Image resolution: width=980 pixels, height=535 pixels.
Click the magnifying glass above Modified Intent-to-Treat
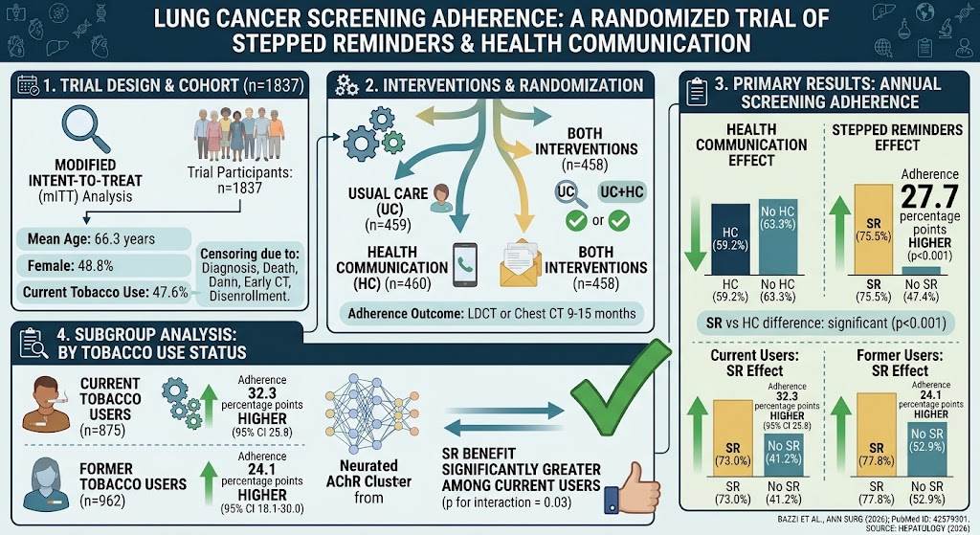click(x=85, y=128)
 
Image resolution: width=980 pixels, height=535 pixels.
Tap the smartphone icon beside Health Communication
click(x=464, y=265)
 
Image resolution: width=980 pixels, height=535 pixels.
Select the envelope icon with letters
click(x=520, y=264)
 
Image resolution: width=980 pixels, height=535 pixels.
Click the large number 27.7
click(x=929, y=197)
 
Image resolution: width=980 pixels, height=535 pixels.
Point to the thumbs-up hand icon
click(x=633, y=488)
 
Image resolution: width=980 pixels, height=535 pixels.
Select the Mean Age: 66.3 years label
click(x=91, y=238)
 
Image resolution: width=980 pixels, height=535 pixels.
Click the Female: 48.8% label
click(x=70, y=266)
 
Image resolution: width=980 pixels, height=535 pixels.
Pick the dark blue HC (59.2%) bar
click(x=730, y=239)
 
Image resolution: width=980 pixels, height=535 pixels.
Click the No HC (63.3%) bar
click(x=777, y=237)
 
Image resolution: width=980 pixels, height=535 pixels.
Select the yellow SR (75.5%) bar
click(x=873, y=230)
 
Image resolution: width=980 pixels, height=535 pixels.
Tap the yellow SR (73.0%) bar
click(x=732, y=438)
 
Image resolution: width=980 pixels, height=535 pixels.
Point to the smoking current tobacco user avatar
click(x=47, y=404)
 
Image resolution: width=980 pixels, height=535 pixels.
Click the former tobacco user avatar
click(x=46, y=483)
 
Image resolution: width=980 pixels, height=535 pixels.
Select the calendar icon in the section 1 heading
click(x=29, y=85)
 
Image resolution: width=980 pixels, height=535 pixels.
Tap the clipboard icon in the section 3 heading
click(x=697, y=93)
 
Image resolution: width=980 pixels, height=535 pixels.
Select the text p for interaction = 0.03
click(x=506, y=502)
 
